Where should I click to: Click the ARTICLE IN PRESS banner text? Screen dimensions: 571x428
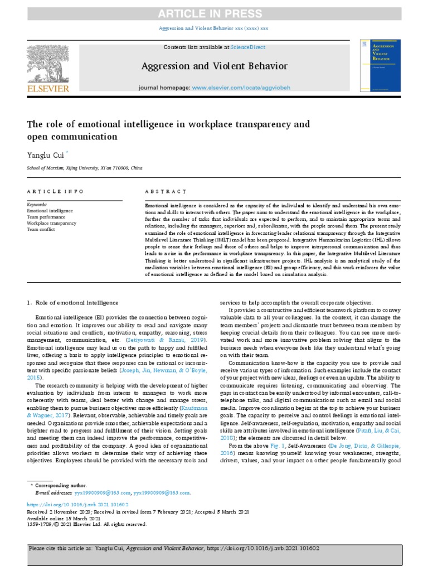point(213,14)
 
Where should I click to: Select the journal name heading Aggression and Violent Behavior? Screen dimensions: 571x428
point(214,66)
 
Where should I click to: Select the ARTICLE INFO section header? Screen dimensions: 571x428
point(55,191)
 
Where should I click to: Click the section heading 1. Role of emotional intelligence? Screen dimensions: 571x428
point(72,303)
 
